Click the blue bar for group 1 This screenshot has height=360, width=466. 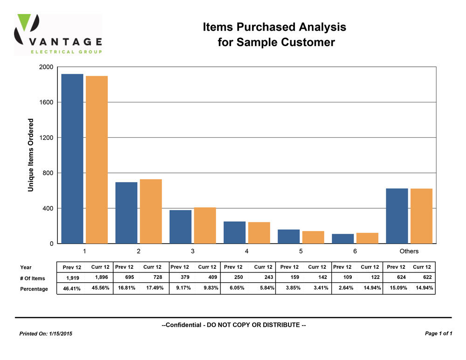click(x=72, y=158)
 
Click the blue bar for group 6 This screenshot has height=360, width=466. click(x=343, y=238)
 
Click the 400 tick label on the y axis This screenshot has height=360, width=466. click(x=48, y=208)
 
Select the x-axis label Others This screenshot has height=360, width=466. click(x=409, y=251)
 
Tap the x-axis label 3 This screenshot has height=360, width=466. click(x=192, y=251)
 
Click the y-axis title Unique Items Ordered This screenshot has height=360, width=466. click(x=31, y=155)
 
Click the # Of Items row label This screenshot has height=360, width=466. click(x=33, y=278)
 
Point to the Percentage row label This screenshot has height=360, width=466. click(x=34, y=289)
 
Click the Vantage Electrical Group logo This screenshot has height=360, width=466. click(x=58, y=35)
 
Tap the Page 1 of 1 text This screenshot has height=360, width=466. click(x=439, y=333)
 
